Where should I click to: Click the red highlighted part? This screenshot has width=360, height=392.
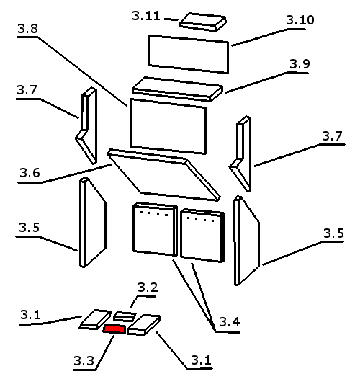tap(114, 329)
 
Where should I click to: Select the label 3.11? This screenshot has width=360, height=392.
tap(146, 16)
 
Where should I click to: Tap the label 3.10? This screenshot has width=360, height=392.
tap(300, 20)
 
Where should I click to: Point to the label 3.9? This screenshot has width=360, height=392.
tap(300, 64)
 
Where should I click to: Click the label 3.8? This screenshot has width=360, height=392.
tap(28, 29)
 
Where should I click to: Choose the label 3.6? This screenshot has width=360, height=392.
tap(30, 173)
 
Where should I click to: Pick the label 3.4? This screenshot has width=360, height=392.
tap(230, 322)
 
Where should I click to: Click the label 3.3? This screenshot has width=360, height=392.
tap(84, 361)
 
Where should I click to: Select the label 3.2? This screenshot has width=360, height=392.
tap(148, 288)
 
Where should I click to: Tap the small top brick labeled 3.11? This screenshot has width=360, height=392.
tap(203, 22)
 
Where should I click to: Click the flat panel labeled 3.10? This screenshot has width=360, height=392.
tap(189, 54)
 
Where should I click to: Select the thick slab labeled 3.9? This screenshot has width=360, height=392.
tap(177, 89)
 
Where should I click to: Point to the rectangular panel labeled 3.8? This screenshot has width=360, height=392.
tap(168, 126)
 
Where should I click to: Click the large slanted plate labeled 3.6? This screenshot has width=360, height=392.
tap(163, 175)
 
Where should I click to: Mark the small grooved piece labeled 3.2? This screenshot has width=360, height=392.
tap(125, 316)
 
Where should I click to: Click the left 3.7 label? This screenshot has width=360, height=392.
tap(27, 90)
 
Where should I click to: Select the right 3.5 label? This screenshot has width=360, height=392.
tap(334, 233)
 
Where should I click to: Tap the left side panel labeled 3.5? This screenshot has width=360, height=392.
tap(93, 223)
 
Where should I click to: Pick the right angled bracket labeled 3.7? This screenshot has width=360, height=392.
tap(240, 153)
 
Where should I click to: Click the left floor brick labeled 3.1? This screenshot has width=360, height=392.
tap(95, 319)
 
